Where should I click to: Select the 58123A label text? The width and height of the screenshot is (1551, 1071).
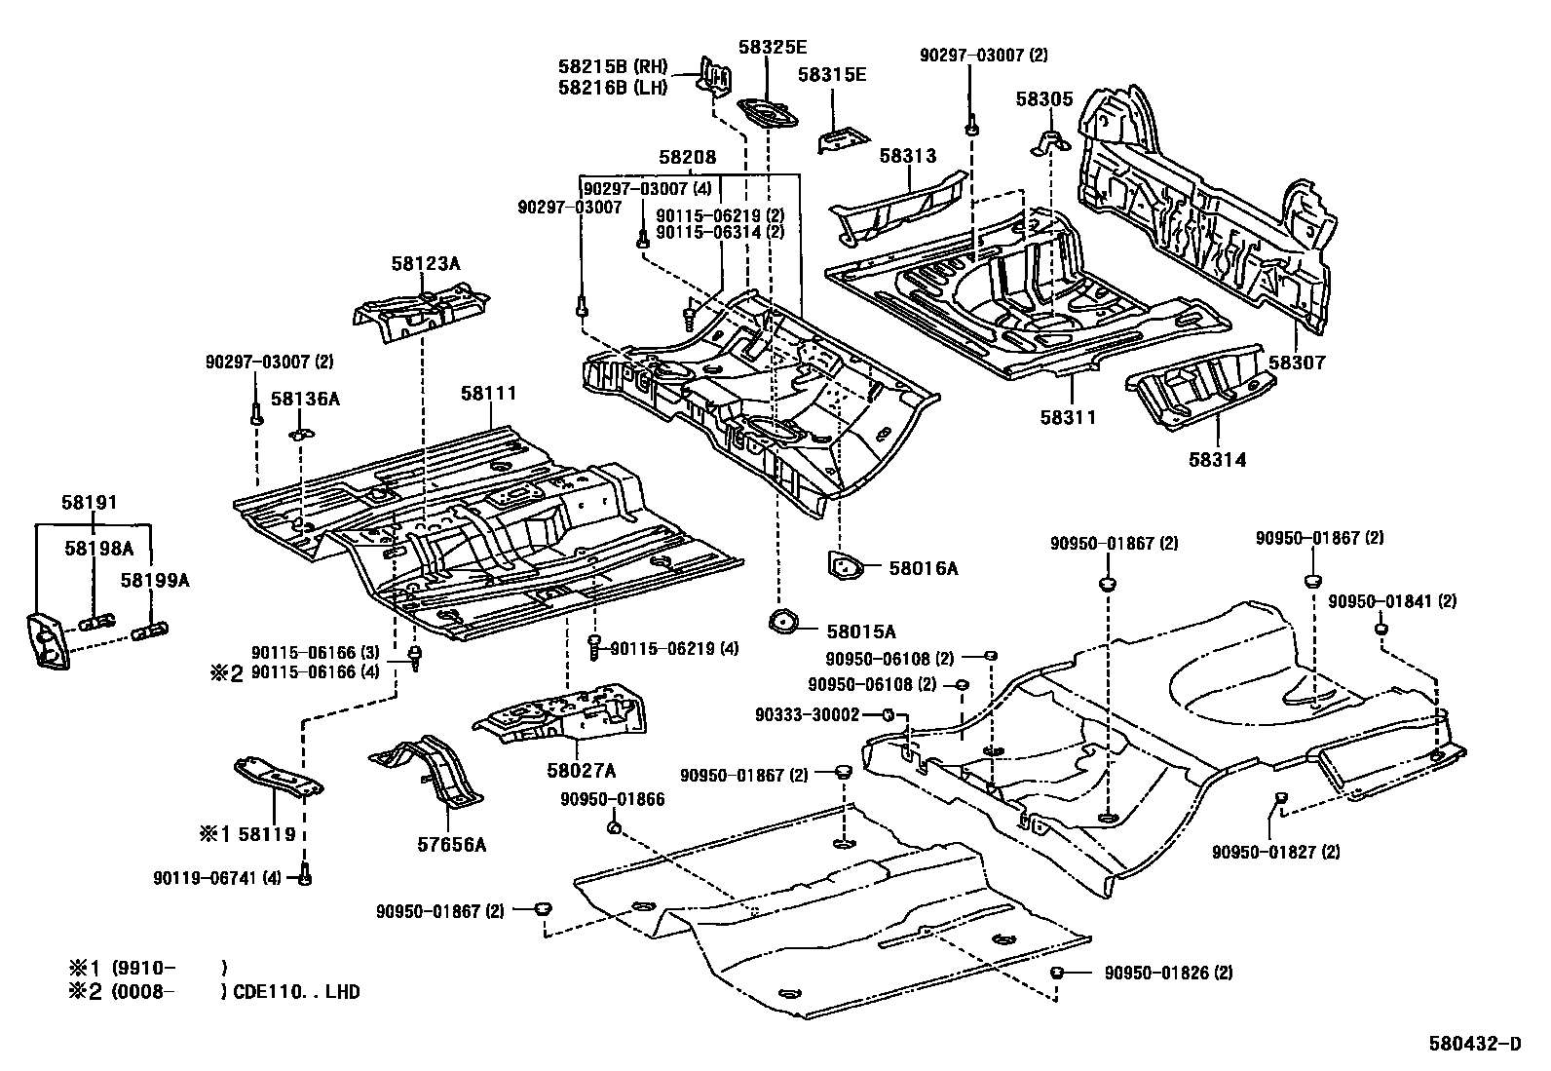pos(426,263)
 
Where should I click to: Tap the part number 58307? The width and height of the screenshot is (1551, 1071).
pos(1297,362)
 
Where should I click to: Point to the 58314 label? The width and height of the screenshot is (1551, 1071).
pos(1217,459)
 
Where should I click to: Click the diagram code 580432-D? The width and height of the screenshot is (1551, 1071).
pos(1474,1045)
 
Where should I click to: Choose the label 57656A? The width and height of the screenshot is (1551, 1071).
pos(452,844)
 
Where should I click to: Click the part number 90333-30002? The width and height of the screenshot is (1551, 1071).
pos(807,714)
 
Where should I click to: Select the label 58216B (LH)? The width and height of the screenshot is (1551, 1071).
pos(613,88)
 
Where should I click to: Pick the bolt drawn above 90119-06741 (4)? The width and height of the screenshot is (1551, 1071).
pos(305,877)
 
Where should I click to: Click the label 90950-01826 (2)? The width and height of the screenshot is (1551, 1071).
pos(1168,973)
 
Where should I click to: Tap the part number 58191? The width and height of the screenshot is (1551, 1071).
pos(89,503)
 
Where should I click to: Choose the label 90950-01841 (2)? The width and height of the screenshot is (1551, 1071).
pos(1392,601)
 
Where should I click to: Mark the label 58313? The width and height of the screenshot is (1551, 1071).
pos(907,155)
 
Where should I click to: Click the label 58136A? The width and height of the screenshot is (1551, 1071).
pos(305,398)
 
